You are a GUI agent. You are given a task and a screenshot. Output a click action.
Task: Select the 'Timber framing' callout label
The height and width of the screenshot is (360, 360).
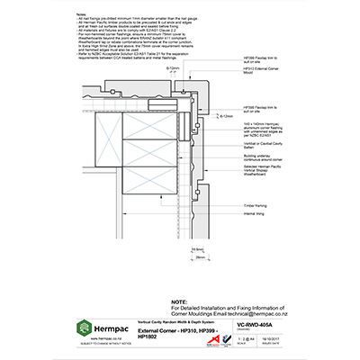point(244,205)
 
